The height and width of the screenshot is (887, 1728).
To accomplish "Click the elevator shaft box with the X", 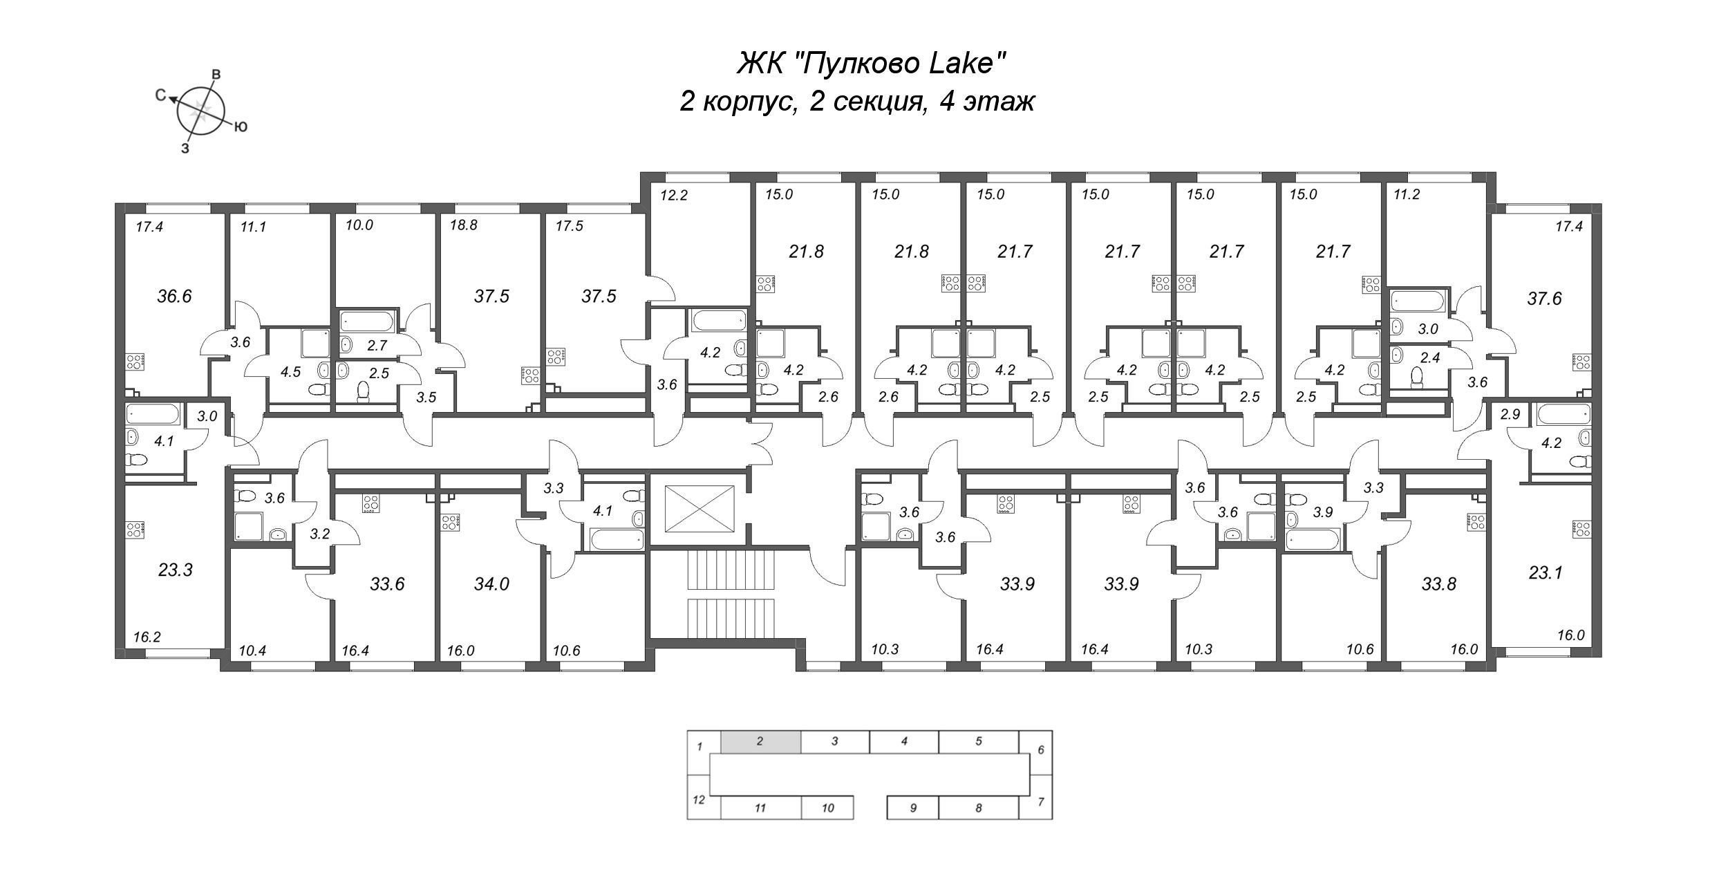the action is point(698,509).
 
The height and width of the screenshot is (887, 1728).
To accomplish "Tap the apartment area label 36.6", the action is point(174,297).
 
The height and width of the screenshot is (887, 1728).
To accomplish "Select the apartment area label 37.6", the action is point(1544,299).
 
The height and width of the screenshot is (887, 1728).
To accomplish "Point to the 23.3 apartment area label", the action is point(175,570).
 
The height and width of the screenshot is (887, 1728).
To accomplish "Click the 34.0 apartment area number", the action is point(491,585).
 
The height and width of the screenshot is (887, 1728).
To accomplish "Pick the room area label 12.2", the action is point(674,196).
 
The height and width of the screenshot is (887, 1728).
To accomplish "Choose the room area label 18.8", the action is point(464,225).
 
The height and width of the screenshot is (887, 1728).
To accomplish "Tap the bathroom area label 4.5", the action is point(290,372).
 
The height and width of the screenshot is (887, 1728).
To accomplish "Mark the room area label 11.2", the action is point(1406,195).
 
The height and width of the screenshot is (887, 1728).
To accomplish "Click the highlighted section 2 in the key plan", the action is point(760,742).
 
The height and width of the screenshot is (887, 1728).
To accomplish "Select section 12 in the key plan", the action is point(699,801).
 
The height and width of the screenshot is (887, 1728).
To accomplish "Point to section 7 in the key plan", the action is point(1040,803).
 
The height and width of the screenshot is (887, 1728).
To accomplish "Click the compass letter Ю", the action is point(241,127).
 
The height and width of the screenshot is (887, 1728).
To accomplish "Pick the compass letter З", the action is point(185,148).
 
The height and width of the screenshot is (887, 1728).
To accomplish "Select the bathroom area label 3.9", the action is point(1322,513).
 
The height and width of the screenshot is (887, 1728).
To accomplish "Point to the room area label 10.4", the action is point(252,651).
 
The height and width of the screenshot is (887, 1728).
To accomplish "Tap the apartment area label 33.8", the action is point(1439,585).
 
